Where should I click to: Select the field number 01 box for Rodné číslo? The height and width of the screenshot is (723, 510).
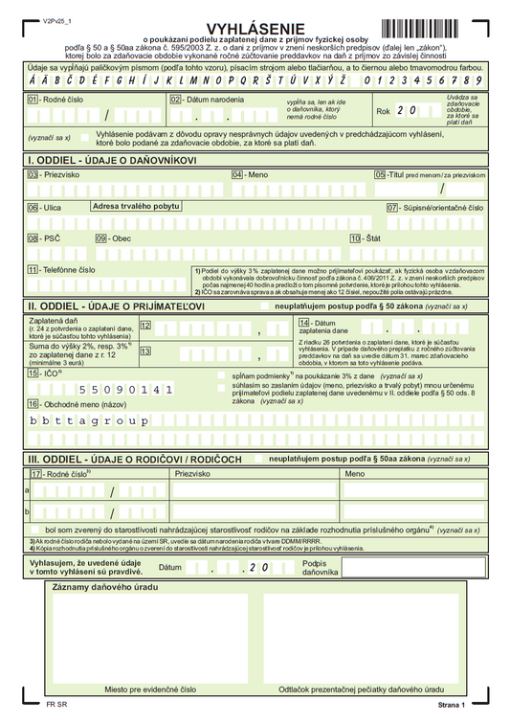click(33, 99)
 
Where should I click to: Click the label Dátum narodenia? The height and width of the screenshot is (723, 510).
click(211, 99)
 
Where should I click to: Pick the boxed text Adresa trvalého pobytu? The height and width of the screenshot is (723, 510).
click(136, 206)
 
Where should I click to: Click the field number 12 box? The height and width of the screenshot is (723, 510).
click(145, 327)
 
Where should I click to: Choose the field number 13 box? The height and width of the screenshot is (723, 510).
click(145, 351)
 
